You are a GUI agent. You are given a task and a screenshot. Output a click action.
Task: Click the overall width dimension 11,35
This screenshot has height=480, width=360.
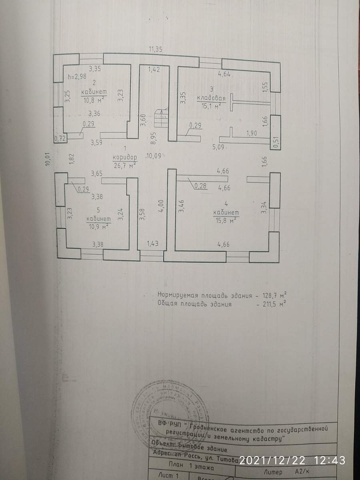click(155, 50)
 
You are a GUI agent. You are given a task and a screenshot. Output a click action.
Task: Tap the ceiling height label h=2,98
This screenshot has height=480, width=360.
click(77, 77)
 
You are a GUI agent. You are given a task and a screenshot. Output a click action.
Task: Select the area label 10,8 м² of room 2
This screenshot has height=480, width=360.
click(94, 100)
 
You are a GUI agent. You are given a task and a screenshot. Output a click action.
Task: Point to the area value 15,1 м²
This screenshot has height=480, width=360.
click(212, 106)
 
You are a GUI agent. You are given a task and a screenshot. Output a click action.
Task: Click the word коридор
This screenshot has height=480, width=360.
click(125, 157)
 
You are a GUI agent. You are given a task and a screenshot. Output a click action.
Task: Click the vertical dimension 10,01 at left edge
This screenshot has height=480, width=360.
click(47, 159)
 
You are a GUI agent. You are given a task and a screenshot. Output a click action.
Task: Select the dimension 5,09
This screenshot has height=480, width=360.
click(220, 147)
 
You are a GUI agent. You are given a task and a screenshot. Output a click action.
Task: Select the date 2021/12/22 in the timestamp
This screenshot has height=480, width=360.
click(274, 460)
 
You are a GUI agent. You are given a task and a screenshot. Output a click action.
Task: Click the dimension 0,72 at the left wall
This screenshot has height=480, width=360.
click(60, 138)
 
